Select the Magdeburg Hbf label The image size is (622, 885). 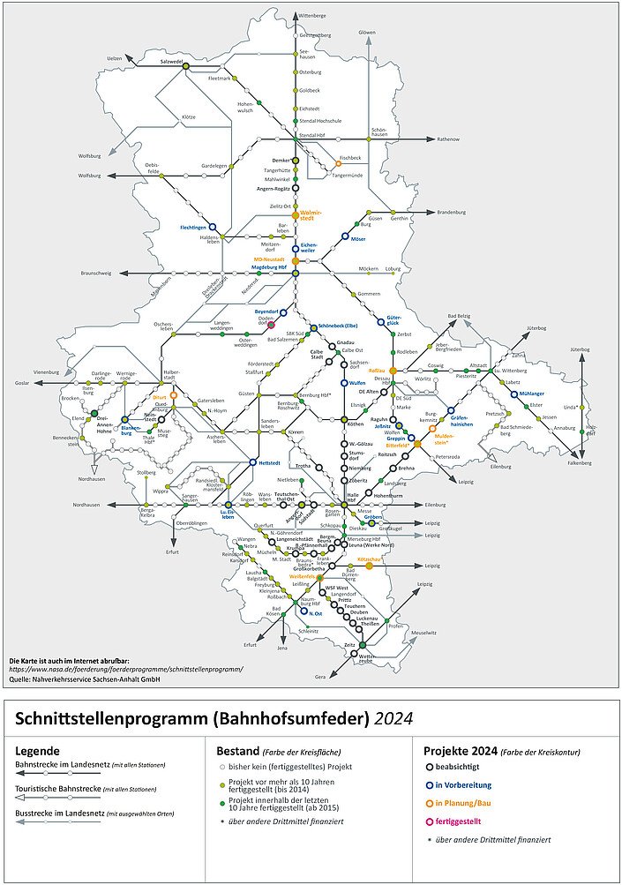(x=269, y=267)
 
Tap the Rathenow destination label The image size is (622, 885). (x=449, y=139)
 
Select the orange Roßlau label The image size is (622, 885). (x=377, y=371)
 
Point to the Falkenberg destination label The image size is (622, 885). (x=580, y=462)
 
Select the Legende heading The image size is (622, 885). (x=38, y=750)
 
